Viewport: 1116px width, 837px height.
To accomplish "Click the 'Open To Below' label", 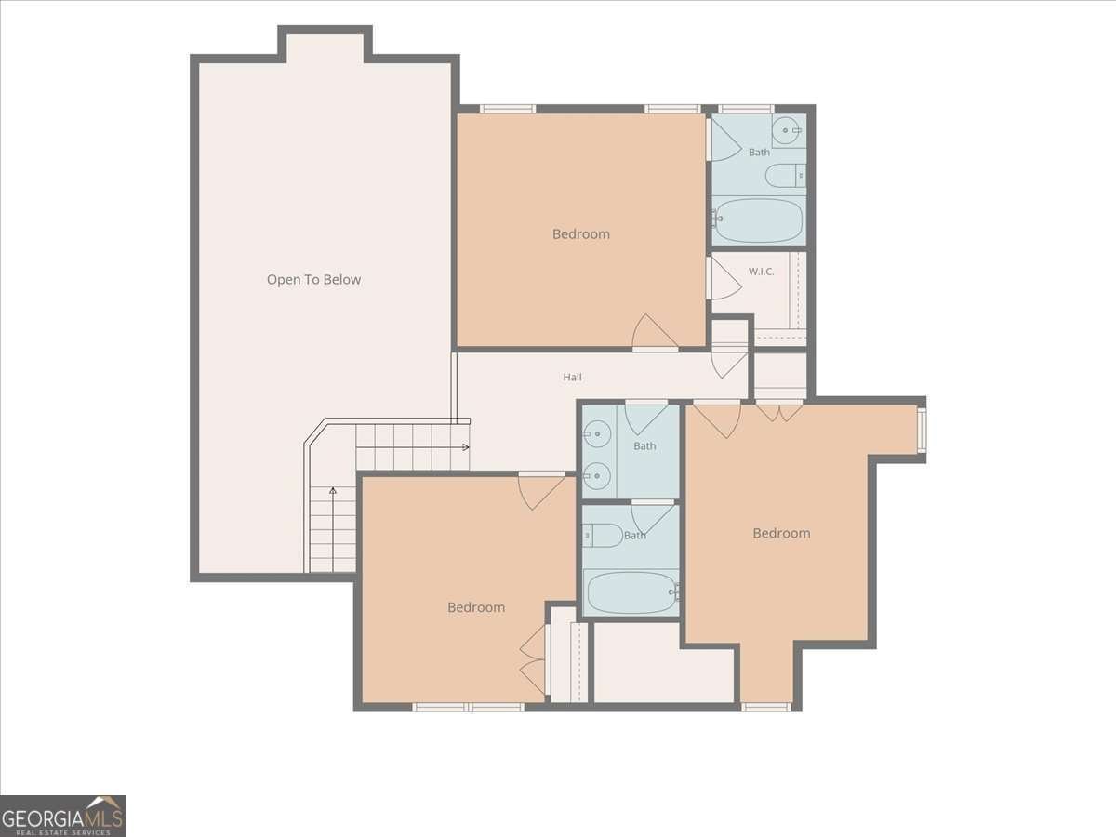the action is click(313, 280).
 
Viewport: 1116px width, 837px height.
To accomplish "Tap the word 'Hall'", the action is click(572, 377).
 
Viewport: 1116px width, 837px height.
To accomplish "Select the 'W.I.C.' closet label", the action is click(761, 272).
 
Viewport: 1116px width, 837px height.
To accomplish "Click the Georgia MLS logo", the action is click(63, 816).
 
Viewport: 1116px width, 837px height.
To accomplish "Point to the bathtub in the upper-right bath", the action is click(758, 220).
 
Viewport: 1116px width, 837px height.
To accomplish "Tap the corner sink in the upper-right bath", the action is click(789, 130).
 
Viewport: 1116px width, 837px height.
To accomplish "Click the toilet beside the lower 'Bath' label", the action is click(603, 536).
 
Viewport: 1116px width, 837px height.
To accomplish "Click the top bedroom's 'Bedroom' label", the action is click(580, 234).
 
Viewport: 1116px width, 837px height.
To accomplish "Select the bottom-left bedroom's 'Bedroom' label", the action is click(476, 607).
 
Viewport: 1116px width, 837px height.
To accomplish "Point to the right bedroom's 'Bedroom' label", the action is click(781, 533).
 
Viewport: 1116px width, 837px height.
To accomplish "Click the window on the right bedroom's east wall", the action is click(922, 430).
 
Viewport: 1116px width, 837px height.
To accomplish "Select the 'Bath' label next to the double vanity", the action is click(644, 446).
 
